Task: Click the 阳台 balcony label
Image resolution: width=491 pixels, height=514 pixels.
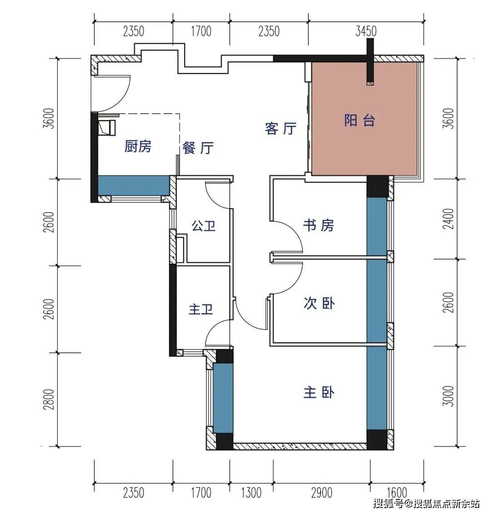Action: coord(360,120)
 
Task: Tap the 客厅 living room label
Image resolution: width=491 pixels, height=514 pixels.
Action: coord(281,129)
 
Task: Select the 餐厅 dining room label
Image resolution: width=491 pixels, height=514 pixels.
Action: coord(198,148)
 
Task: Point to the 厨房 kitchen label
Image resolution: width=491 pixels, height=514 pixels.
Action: coord(138,146)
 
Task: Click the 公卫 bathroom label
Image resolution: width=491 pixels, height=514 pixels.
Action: coord(203,226)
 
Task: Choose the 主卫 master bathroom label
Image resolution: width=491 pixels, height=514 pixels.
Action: coord(201,309)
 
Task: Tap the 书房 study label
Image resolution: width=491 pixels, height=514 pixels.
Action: coord(318,225)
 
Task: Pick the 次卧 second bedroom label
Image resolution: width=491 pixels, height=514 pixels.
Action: coord(319,303)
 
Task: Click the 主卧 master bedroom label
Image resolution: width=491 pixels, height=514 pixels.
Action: coord(319,392)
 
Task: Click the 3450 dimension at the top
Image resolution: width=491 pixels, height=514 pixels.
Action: coord(366,31)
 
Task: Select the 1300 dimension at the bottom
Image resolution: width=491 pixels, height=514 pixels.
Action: coord(251,493)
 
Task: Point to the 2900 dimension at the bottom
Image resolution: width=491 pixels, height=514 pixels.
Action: coord(321,493)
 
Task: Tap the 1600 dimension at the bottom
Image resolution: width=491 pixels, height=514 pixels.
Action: coord(397,493)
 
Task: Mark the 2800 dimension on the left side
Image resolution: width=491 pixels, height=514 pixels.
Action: coord(49,399)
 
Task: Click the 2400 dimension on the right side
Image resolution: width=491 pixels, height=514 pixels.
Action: coord(448,219)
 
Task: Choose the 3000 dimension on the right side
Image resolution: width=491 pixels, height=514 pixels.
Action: coord(448,396)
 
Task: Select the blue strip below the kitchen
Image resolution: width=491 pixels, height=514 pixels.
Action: coord(134,186)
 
